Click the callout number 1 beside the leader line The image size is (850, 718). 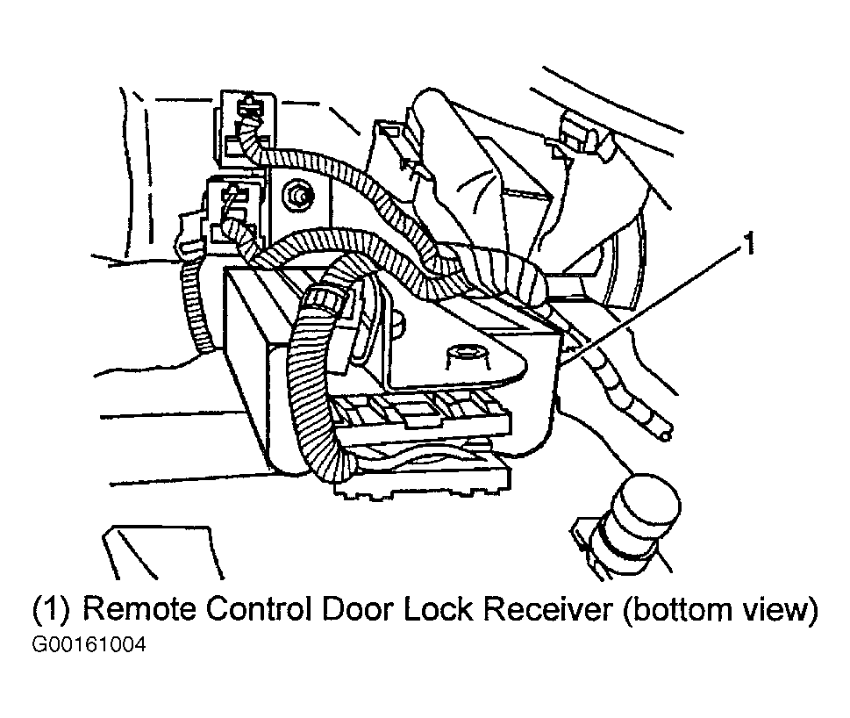click(x=748, y=243)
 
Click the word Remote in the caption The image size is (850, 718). click(x=139, y=609)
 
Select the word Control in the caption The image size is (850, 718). click(x=259, y=609)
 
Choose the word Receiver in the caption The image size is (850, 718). click(x=548, y=609)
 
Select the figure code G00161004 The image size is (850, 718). click(x=89, y=645)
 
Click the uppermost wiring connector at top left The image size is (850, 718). click(x=245, y=126)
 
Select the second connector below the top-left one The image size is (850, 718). click(x=233, y=212)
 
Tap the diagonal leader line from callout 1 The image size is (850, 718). click(x=652, y=301)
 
